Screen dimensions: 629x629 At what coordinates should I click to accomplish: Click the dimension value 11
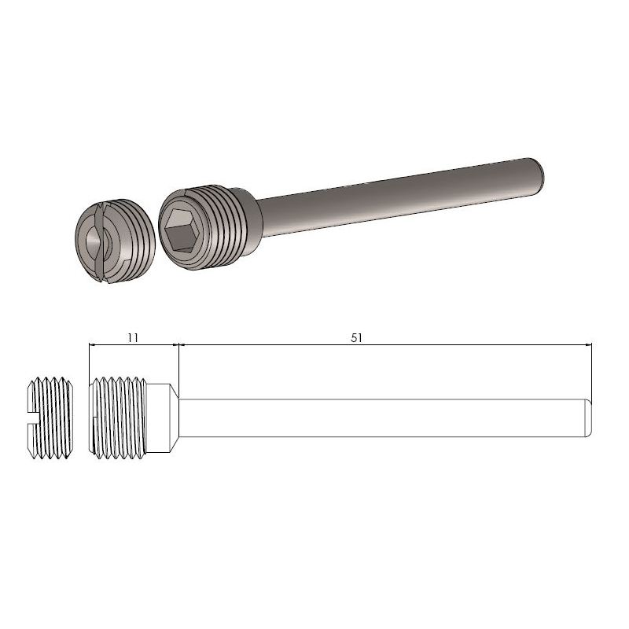click(x=132, y=337)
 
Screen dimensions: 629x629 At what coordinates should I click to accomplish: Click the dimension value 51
click(x=356, y=337)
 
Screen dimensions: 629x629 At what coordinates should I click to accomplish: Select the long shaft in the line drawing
click(x=377, y=417)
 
